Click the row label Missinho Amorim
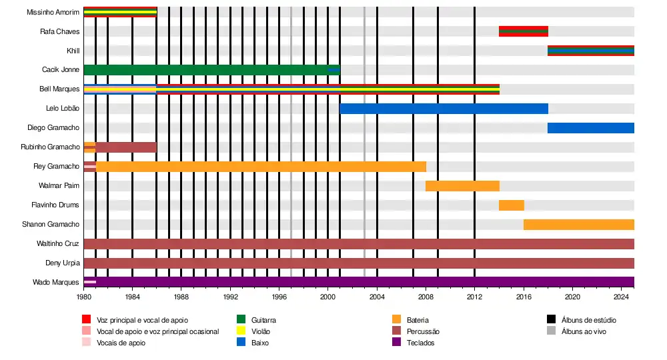tap(53, 12)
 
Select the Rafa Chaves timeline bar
tap(523, 31)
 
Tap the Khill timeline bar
tap(590, 51)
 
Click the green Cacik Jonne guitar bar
tap(207, 70)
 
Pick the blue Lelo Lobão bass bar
tap(444, 109)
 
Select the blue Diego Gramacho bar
tap(590, 128)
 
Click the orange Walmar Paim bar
tap(462, 186)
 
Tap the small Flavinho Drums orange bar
tap(511, 205)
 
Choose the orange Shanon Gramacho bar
tap(578, 225)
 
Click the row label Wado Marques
tap(56, 283)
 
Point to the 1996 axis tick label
tap(279, 296)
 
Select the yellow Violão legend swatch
tap(242, 331)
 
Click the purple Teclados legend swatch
tap(397, 343)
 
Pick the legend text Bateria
tap(418, 321)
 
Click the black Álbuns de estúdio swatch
tap(552, 320)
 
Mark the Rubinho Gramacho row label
tap(50, 147)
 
